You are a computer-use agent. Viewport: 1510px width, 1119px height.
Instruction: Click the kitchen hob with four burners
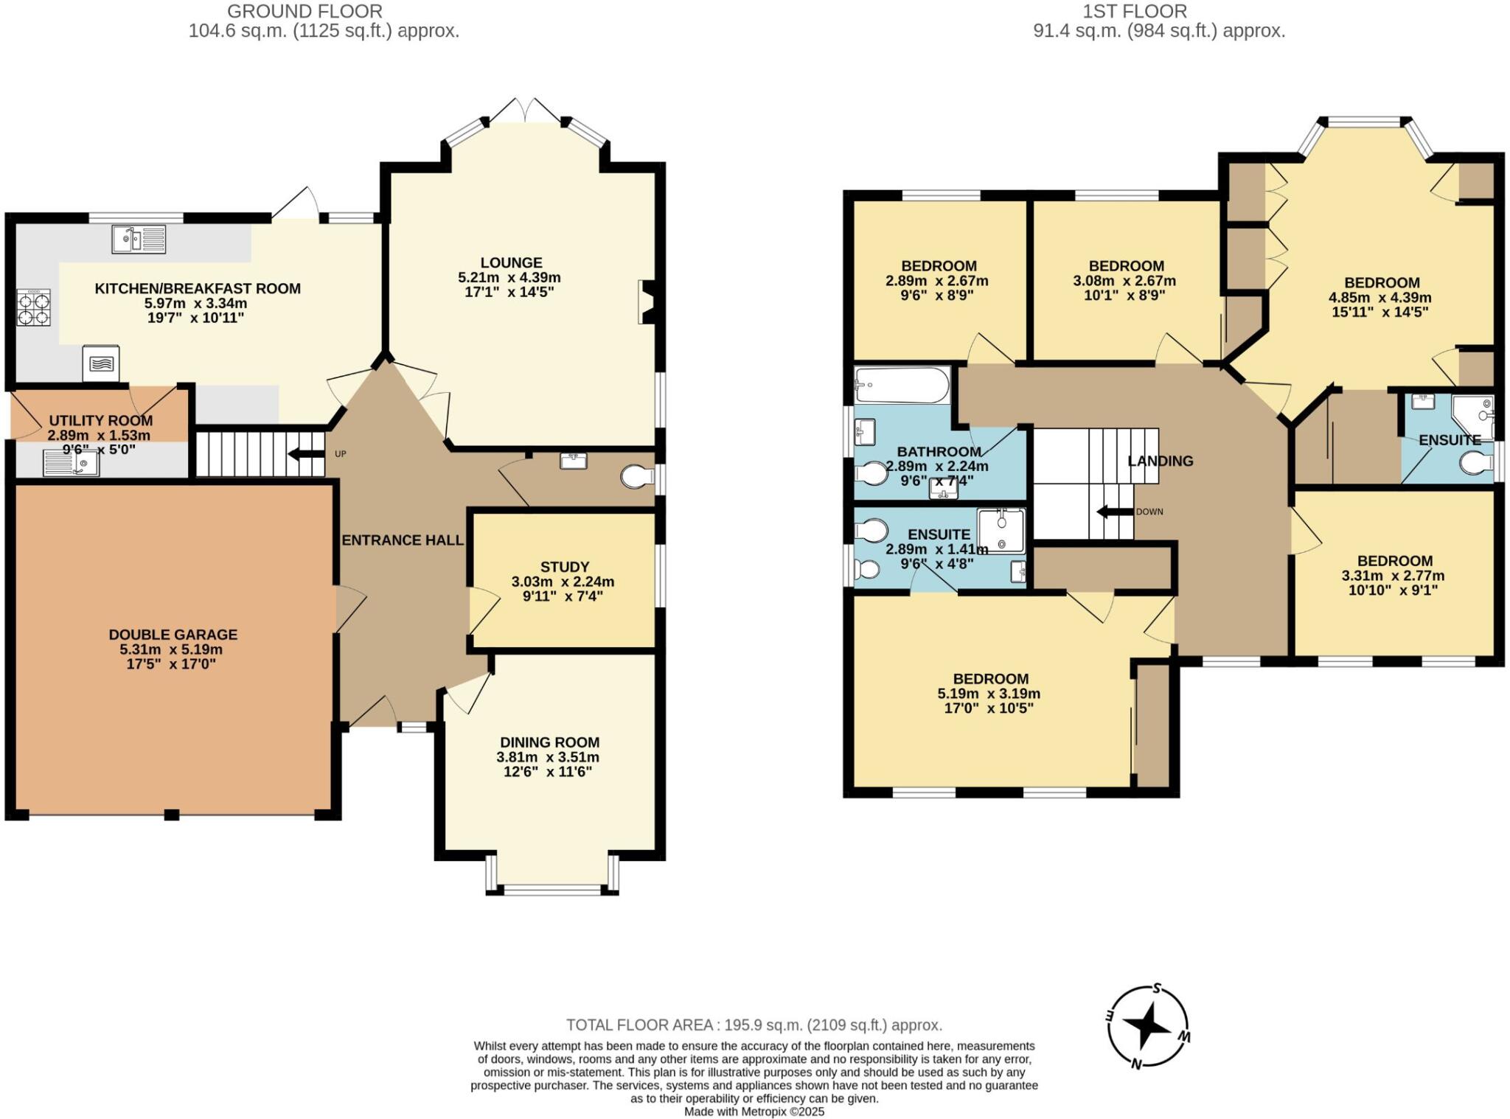click(x=33, y=308)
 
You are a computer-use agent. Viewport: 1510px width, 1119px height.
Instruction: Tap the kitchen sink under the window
click(x=139, y=239)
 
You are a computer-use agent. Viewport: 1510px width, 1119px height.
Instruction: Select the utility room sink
click(x=72, y=463)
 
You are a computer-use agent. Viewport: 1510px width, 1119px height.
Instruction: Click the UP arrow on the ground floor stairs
click(x=306, y=453)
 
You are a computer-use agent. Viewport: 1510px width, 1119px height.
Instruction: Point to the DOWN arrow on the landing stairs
click(x=1115, y=512)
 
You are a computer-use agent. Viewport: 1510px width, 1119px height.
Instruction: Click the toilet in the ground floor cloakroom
click(x=638, y=477)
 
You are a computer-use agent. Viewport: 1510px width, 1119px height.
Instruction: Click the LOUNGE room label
click(x=511, y=262)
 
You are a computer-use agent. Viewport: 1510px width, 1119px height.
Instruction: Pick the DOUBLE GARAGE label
click(x=173, y=635)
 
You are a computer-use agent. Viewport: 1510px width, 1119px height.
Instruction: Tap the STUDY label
click(x=565, y=567)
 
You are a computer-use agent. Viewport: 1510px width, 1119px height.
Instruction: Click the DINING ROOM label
click(x=549, y=742)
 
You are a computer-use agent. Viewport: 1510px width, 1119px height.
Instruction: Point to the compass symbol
click(x=1147, y=1026)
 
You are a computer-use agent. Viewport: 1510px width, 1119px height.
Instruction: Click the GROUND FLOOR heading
click(x=305, y=11)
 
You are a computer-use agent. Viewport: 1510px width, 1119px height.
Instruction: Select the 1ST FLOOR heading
click(x=1135, y=11)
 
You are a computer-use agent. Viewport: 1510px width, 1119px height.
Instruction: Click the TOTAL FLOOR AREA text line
click(x=754, y=1025)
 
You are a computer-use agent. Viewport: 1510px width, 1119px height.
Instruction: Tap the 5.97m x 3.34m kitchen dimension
click(x=195, y=303)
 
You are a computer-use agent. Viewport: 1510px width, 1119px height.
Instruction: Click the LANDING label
click(x=1161, y=461)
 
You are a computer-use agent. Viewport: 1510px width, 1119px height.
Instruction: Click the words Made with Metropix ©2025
click(x=754, y=1112)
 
